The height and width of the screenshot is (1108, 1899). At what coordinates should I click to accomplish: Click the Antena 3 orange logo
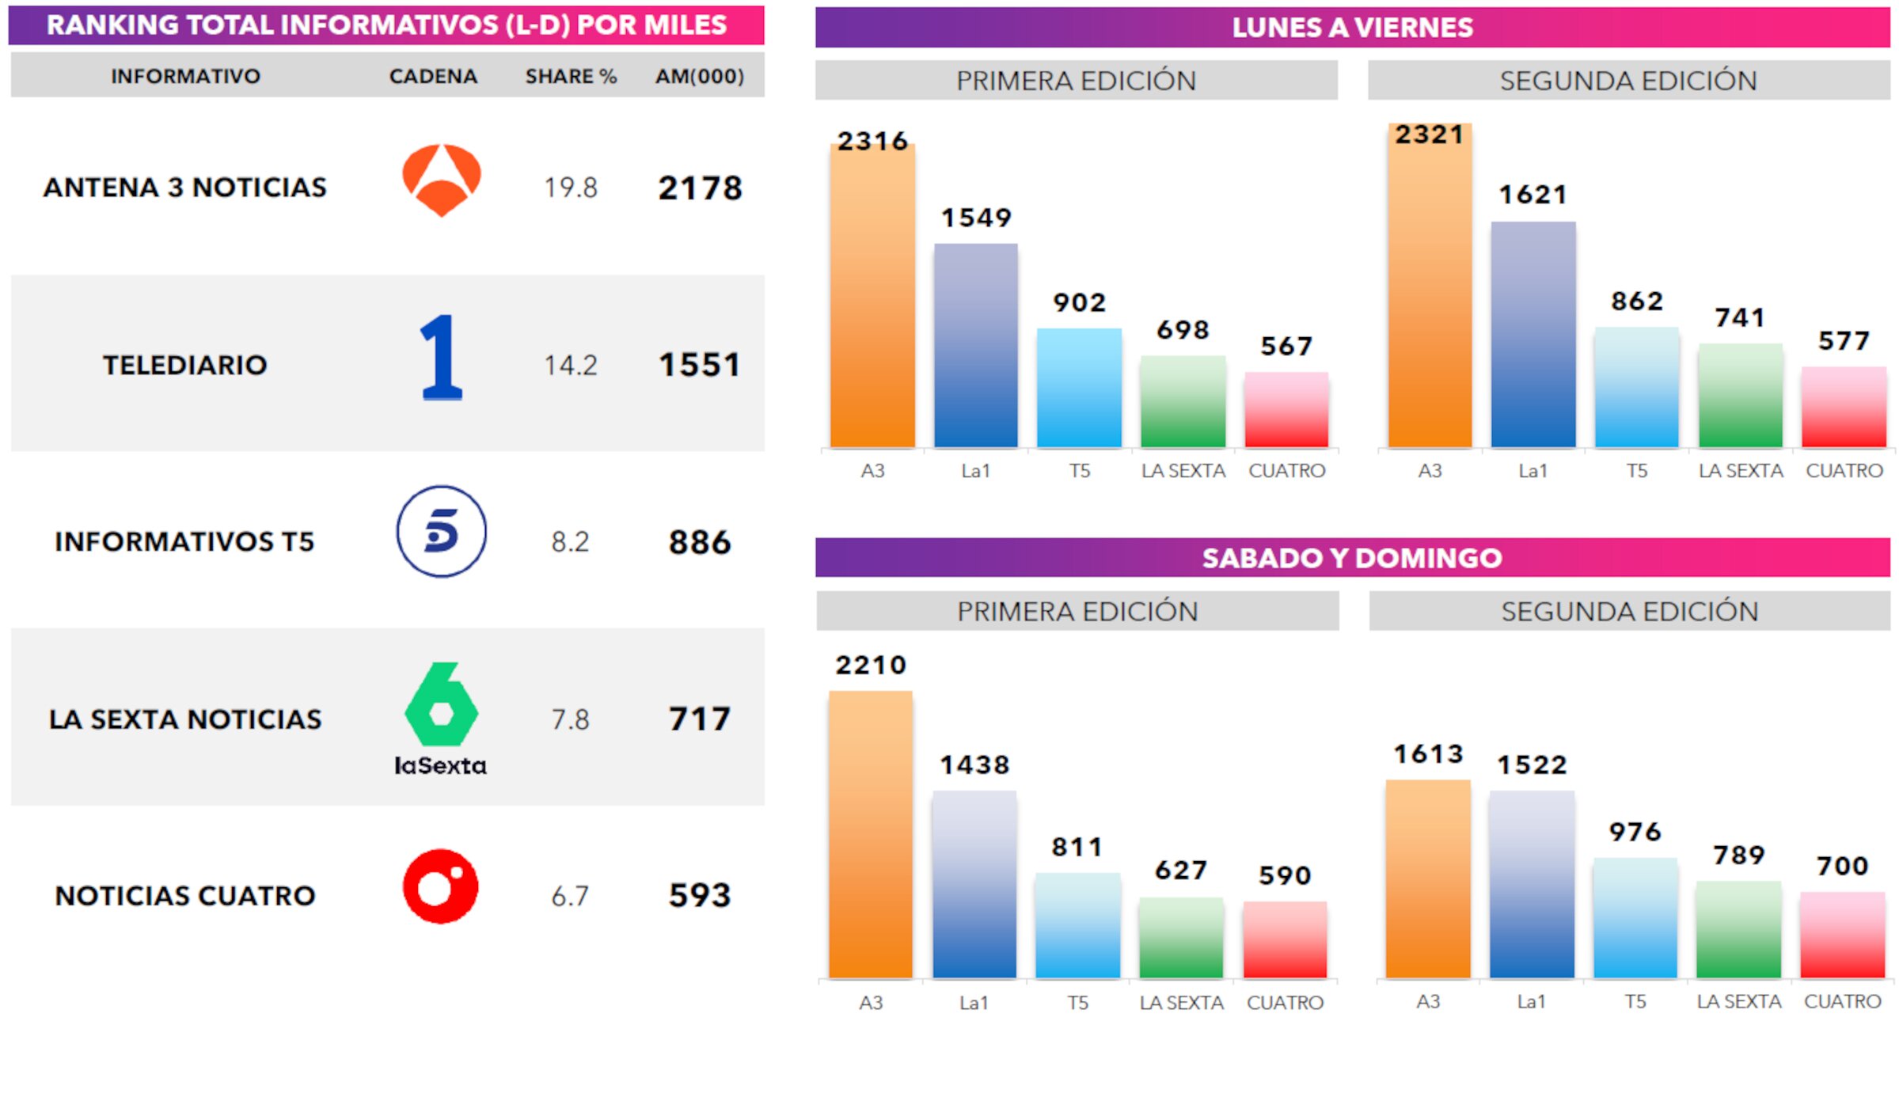(x=441, y=180)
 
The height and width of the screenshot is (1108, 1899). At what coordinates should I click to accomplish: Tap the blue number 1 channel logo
(x=441, y=357)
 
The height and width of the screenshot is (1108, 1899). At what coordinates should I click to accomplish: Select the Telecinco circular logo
(x=441, y=531)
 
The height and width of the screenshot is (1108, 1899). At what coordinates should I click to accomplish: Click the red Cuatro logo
(x=441, y=886)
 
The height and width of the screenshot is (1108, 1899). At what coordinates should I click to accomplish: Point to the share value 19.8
(x=570, y=188)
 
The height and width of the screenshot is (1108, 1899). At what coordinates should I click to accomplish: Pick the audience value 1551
(x=699, y=365)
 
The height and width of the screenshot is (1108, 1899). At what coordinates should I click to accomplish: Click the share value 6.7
(x=570, y=896)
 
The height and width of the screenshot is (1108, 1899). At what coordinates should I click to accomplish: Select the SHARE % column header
(x=570, y=77)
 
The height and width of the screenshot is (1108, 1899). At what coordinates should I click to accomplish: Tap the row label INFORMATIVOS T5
(x=184, y=542)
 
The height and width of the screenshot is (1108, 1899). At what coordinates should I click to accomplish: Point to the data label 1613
(x=1428, y=754)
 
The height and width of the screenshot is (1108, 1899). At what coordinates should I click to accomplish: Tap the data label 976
(x=1635, y=832)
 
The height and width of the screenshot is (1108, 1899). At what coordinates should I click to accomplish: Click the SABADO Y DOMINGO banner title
(x=1351, y=558)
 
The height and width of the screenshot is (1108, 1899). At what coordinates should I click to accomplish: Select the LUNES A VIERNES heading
(x=1352, y=28)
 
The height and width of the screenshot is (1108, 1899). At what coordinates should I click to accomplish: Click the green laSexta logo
(x=441, y=717)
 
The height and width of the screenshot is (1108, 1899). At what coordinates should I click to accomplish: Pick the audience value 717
(x=699, y=719)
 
